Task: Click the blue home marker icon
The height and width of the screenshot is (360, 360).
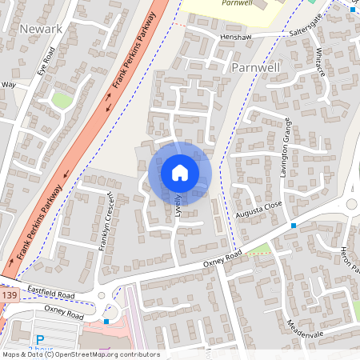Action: [180, 172]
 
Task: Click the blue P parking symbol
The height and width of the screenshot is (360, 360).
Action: [39, 341]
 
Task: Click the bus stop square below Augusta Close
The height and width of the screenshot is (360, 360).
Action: [294, 226]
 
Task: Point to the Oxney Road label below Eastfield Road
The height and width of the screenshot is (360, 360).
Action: [64, 313]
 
